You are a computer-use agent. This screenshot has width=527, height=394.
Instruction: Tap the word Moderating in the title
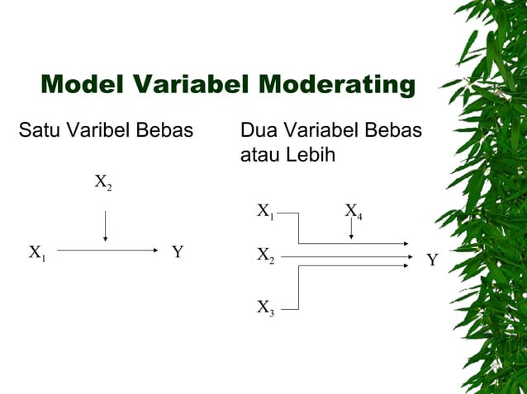click(x=335, y=85)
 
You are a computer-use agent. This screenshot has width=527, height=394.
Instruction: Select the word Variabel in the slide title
click(x=195, y=85)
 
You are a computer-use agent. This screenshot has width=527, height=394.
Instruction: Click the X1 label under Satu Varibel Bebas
click(x=38, y=252)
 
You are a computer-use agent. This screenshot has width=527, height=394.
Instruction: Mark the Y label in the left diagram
click(x=178, y=252)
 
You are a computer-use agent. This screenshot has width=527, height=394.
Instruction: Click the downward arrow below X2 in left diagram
click(x=105, y=226)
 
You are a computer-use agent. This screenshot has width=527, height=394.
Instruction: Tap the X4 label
click(x=354, y=212)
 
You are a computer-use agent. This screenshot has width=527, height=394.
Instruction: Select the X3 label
click(x=265, y=308)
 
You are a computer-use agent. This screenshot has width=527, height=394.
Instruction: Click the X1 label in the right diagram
click(x=265, y=212)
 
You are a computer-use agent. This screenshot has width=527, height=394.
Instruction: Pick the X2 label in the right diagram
click(x=265, y=256)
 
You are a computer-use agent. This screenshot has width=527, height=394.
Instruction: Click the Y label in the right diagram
click(x=432, y=261)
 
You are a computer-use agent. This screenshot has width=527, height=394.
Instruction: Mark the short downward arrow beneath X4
click(x=352, y=230)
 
